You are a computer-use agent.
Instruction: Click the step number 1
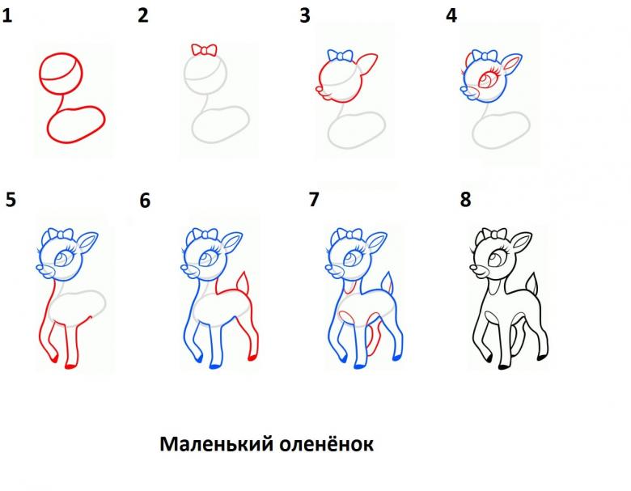6,15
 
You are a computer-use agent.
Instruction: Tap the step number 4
451,15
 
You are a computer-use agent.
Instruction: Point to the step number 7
314,199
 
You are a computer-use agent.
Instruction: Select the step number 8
466,199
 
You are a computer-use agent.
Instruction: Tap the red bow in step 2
204,50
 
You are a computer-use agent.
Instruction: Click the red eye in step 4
488,78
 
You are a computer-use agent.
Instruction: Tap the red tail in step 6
242,283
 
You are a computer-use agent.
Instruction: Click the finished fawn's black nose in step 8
473,267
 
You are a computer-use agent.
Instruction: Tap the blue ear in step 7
375,243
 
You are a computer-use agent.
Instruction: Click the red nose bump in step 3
320,88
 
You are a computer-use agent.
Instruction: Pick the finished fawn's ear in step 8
520,244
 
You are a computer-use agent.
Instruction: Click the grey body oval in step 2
221,125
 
